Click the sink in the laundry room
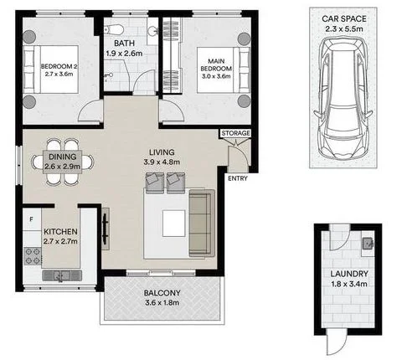coord(366,244)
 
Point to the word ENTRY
coord(236,177)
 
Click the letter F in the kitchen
coord(31,220)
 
